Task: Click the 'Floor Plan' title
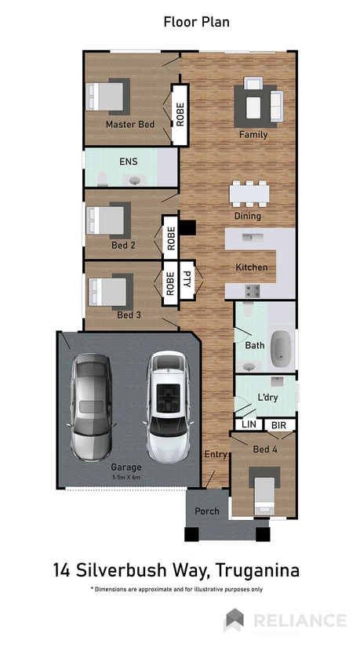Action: click(x=196, y=22)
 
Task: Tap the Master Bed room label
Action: click(x=130, y=125)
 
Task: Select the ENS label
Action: click(x=128, y=162)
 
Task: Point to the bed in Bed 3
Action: click(x=108, y=291)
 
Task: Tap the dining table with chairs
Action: click(x=249, y=193)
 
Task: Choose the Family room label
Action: click(x=253, y=134)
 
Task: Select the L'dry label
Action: click(x=268, y=398)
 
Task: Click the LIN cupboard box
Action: click(x=249, y=424)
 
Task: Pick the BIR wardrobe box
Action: click(x=278, y=424)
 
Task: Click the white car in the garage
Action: click(x=168, y=406)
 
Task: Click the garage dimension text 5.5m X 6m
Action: click(x=126, y=477)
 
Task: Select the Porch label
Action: click(x=207, y=511)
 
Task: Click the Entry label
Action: click(x=215, y=455)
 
